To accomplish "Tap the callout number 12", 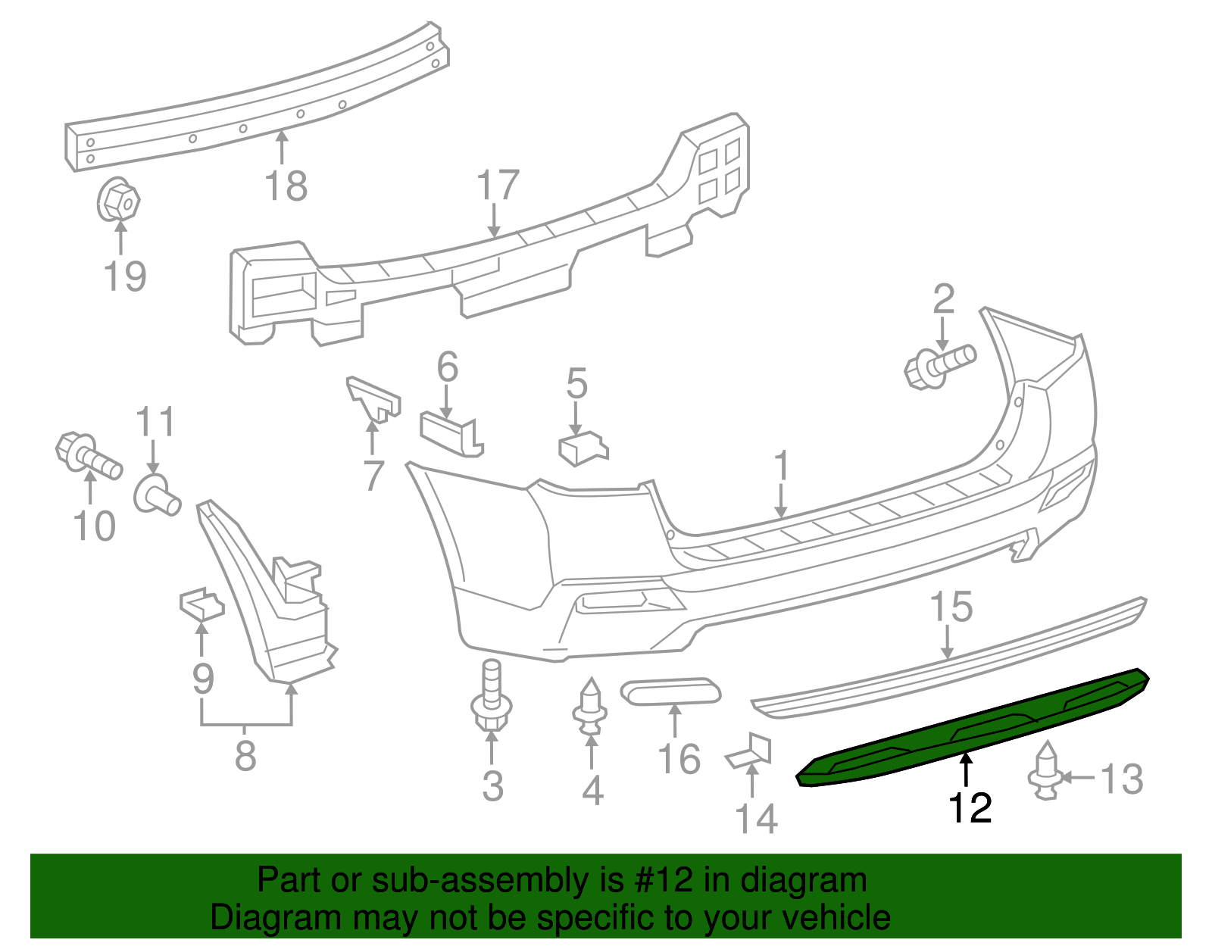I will tap(970, 808).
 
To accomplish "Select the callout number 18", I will tap(286, 186).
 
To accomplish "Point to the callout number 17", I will tap(498, 186).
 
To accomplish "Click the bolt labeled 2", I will tap(939, 366).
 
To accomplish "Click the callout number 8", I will tap(245, 756).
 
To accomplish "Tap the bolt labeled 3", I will tap(491, 698).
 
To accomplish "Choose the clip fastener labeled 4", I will tap(590, 708).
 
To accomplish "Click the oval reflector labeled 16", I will tap(670, 691).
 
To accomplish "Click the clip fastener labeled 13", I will tap(1045, 773).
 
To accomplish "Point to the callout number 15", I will tap(951, 607).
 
